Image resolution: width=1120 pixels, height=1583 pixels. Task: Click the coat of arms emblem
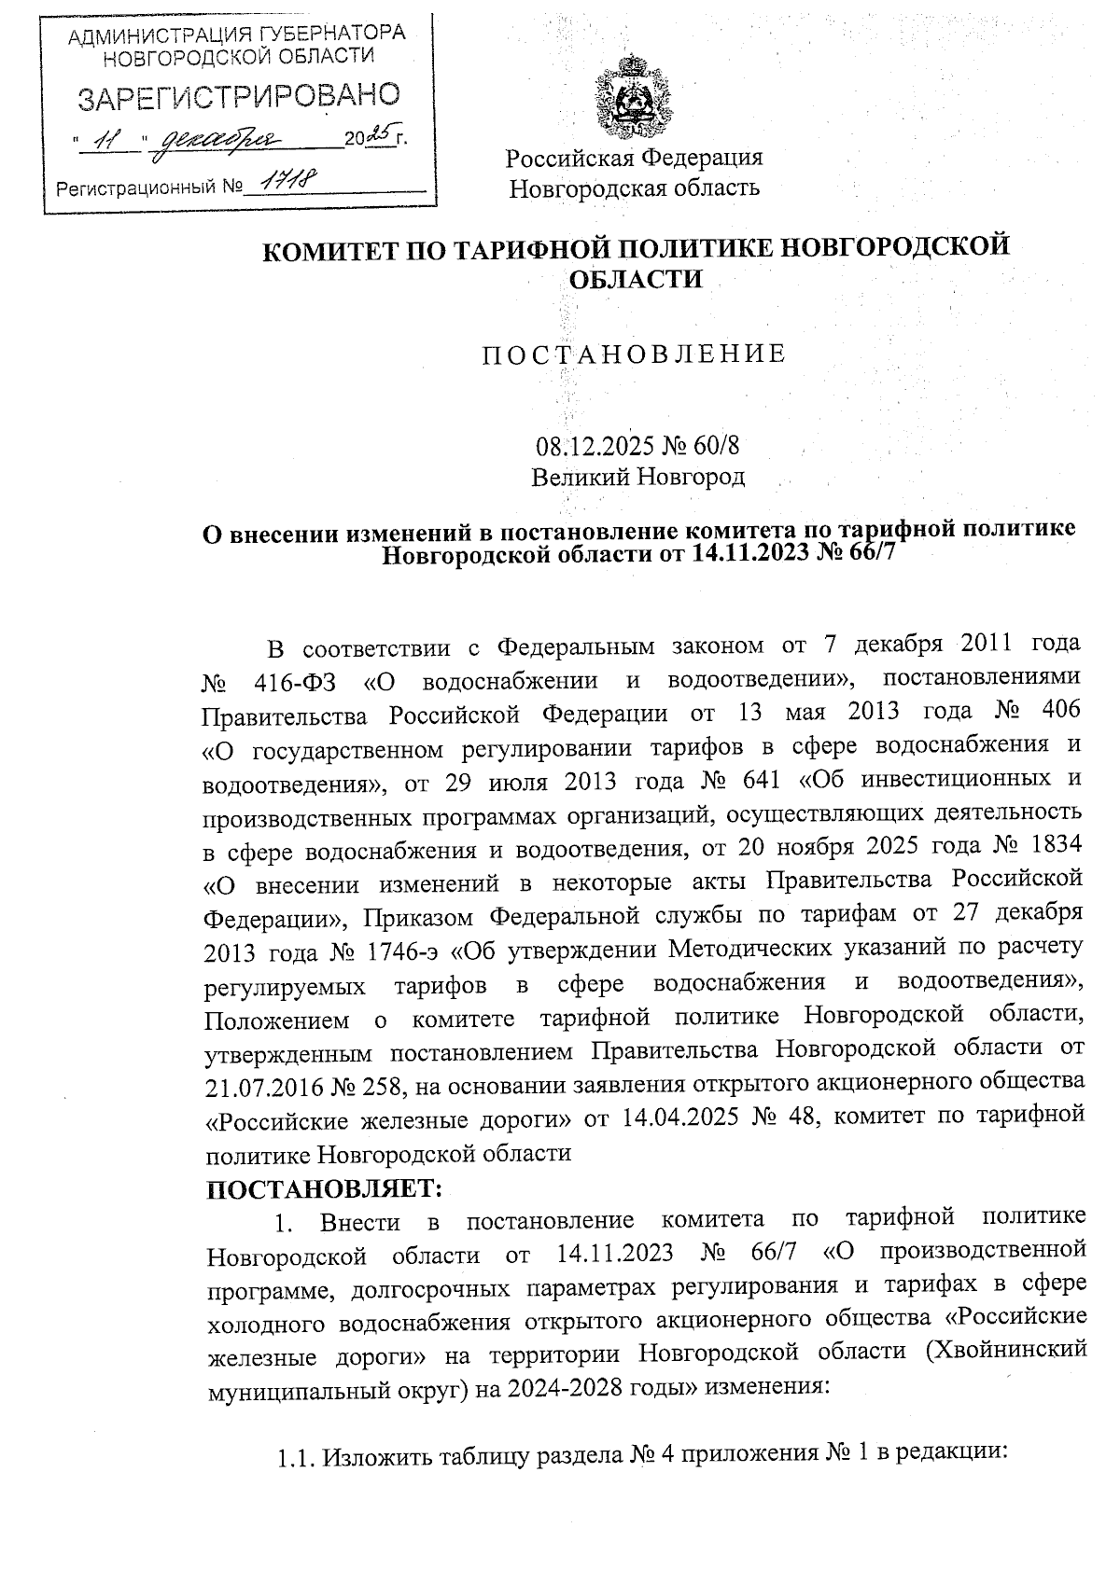click(x=635, y=97)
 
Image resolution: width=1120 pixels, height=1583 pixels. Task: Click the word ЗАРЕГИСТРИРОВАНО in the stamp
click(x=239, y=96)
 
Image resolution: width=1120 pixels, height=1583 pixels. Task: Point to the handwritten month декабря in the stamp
click(x=217, y=141)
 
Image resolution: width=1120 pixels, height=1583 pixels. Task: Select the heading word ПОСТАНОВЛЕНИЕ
click(x=634, y=355)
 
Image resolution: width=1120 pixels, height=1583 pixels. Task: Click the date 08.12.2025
click(x=594, y=448)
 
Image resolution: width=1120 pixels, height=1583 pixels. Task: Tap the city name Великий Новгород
click(x=638, y=478)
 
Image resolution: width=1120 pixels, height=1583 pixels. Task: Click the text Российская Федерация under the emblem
click(x=635, y=157)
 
